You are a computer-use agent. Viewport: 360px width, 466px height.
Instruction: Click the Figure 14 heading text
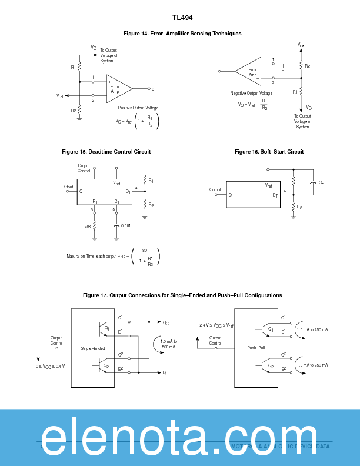tap(182, 34)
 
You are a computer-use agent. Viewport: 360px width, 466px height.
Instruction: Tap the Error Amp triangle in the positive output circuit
tap(117, 89)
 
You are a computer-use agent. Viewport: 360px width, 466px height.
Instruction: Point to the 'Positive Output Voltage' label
tap(138, 108)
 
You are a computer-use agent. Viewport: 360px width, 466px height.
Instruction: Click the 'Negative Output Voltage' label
tap(251, 93)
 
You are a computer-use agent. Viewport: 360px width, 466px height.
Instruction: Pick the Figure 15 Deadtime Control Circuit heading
tap(106, 152)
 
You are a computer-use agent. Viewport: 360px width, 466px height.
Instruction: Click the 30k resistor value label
tap(87, 225)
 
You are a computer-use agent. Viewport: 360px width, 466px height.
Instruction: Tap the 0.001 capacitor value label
tap(126, 225)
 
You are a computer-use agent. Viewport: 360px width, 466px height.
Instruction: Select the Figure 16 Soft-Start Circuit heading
tap(269, 152)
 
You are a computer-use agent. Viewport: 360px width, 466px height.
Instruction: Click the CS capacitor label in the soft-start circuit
tap(321, 184)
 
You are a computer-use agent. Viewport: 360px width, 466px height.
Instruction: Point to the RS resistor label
tap(300, 207)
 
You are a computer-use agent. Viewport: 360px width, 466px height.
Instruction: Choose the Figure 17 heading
tap(182, 295)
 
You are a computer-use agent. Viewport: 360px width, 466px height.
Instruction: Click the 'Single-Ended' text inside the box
tap(92, 348)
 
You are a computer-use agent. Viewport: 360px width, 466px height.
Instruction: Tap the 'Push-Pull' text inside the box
tap(256, 348)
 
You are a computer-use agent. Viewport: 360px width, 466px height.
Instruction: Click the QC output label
tap(166, 322)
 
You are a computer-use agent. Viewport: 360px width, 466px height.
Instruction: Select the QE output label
tap(166, 374)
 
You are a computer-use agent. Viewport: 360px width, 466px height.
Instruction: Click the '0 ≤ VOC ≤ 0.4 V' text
tap(51, 367)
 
